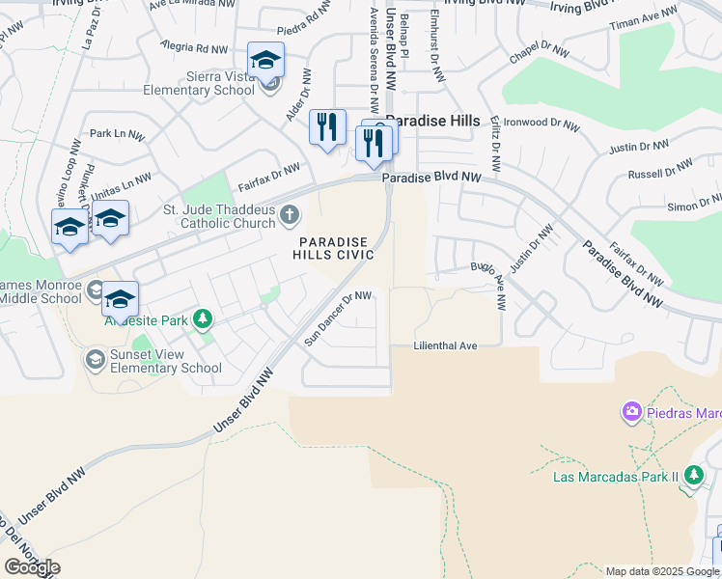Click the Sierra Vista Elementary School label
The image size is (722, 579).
click(198, 84)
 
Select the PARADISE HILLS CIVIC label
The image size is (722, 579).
click(335, 248)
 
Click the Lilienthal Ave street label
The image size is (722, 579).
click(446, 345)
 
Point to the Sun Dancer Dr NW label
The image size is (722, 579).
click(338, 318)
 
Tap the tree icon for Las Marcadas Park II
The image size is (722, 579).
click(693, 475)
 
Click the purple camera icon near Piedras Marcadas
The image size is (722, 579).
click(632, 413)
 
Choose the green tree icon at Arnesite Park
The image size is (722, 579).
click(203, 318)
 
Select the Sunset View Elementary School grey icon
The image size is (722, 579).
click(95, 361)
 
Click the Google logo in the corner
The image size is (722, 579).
click(32, 567)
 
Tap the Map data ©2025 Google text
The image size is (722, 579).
click(662, 571)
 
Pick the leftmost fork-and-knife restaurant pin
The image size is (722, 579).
click(327, 126)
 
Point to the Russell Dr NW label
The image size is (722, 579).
click(658, 174)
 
